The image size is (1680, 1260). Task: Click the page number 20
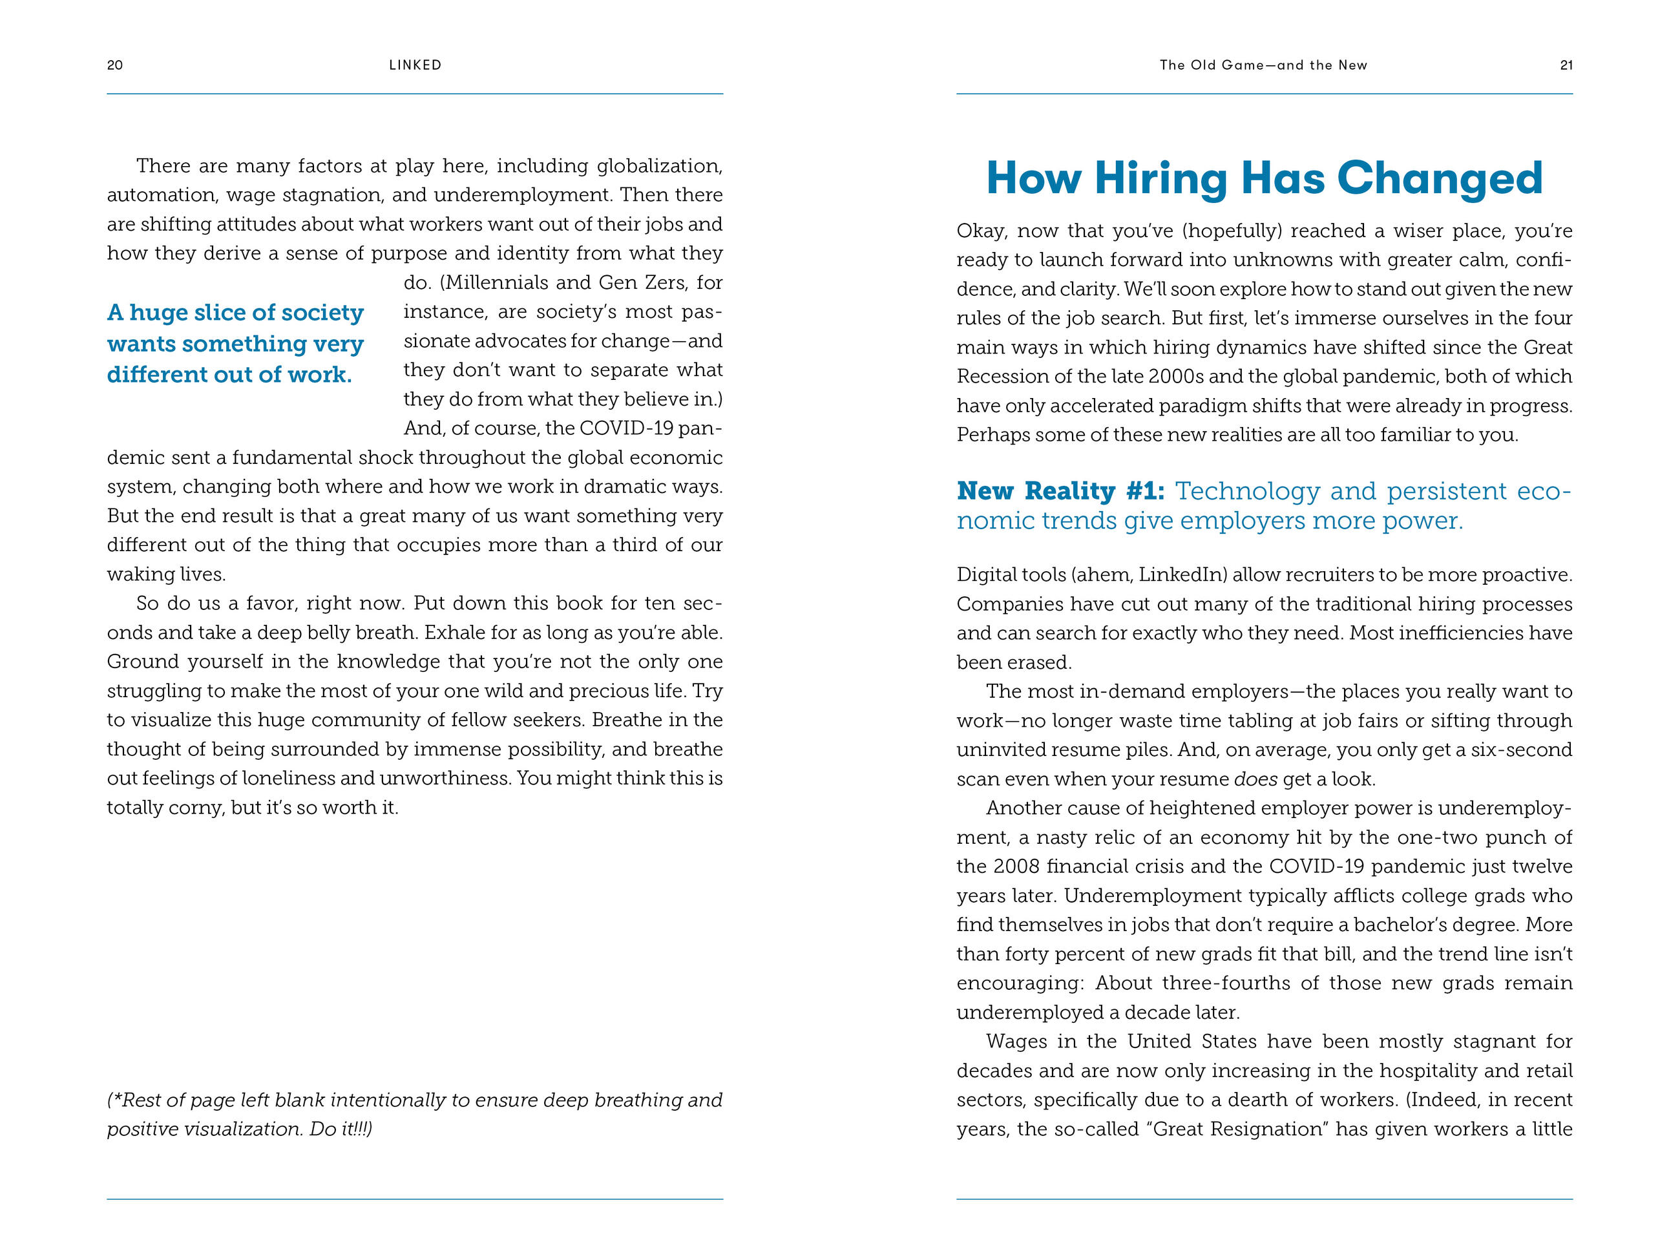pos(114,65)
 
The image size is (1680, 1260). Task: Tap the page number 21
pos(1566,65)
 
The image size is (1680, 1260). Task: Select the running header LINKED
pos(415,65)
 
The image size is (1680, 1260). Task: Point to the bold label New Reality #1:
pos(1060,491)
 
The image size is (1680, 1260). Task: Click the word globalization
pos(658,166)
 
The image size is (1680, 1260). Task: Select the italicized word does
pos(1254,779)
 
